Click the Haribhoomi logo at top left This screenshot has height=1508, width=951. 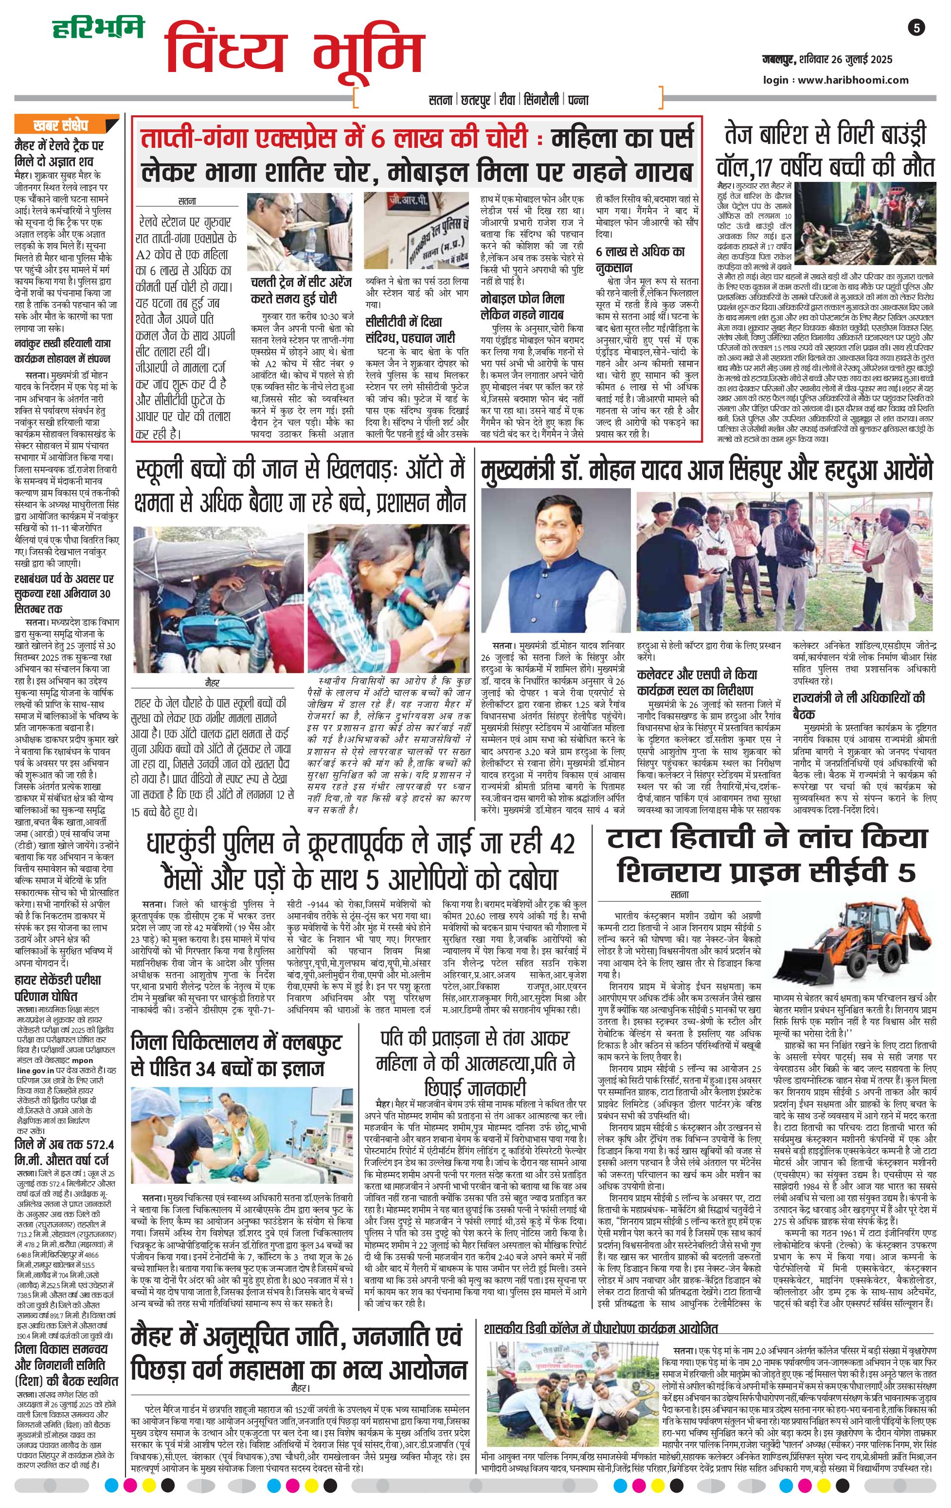coord(98,28)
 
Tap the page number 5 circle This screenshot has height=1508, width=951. coord(917,28)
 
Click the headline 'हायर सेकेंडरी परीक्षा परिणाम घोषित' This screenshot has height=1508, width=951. coord(57,988)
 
